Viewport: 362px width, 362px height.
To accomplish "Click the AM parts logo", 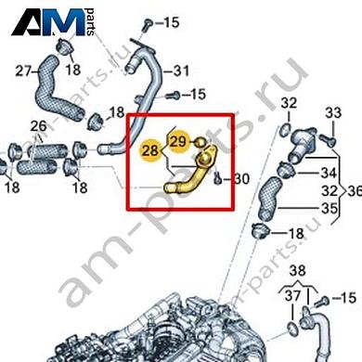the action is click(x=53, y=22).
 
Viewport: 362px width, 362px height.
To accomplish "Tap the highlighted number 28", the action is click(x=150, y=150).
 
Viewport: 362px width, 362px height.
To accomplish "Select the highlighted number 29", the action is click(x=178, y=141).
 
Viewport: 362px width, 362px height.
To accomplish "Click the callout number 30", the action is click(x=241, y=179).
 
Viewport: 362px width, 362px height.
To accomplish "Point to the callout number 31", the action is click(x=181, y=71).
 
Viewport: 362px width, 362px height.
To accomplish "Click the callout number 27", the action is click(x=23, y=71).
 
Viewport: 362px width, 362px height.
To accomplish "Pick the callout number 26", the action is click(x=39, y=126).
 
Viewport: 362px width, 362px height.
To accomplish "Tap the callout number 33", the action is click(x=333, y=113).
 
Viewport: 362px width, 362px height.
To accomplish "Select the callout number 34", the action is click(x=329, y=173).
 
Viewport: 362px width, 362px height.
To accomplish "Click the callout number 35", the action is click(x=329, y=208).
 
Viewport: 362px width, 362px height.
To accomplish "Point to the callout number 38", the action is click(x=298, y=271).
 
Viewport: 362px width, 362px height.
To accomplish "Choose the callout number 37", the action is click(x=292, y=296).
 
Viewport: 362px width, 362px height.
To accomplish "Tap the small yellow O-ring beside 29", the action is click(x=200, y=142).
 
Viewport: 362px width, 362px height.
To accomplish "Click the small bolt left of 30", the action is click(x=218, y=177).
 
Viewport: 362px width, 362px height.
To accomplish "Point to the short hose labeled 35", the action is click(x=270, y=197).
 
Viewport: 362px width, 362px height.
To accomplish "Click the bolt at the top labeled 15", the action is click(x=148, y=25).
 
